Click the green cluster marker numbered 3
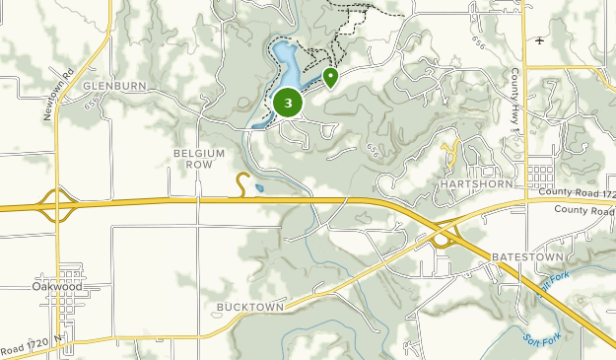click(288, 102)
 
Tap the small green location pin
click(331, 76)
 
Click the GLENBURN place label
click(114, 87)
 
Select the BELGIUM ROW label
click(199, 159)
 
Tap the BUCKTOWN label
click(250, 308)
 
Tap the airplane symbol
click(539, 40)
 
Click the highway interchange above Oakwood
click(56, 207)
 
